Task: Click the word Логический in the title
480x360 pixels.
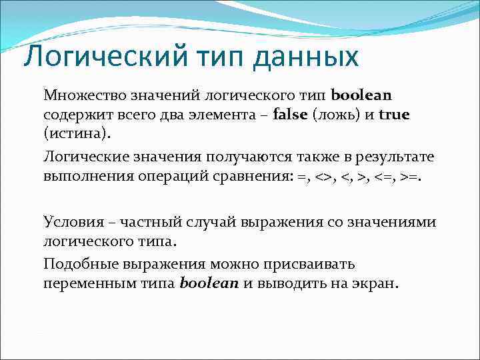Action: pos(104,56)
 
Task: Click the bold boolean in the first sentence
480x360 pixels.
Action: pos(361,95)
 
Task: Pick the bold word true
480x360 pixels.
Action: pos(394,115)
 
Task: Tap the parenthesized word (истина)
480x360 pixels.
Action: pos(75,133)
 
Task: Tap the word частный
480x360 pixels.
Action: pos(146,221)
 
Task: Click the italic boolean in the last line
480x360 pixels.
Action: pos(209,283)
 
